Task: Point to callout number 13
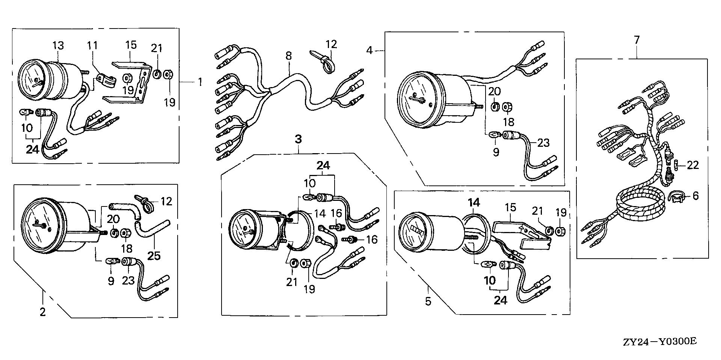click(x=58, y=46)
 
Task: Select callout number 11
click(x=92, y=46)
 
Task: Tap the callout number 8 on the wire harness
click(x=288, y=56)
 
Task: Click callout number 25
click(x=154, y=255)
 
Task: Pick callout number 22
click(x=693, y=165)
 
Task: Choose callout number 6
click(x=695, y=196)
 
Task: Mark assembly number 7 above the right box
click(x=637, y=40)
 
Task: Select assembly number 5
click(x=428, y=301)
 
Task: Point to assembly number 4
click(x=370, y=50)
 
